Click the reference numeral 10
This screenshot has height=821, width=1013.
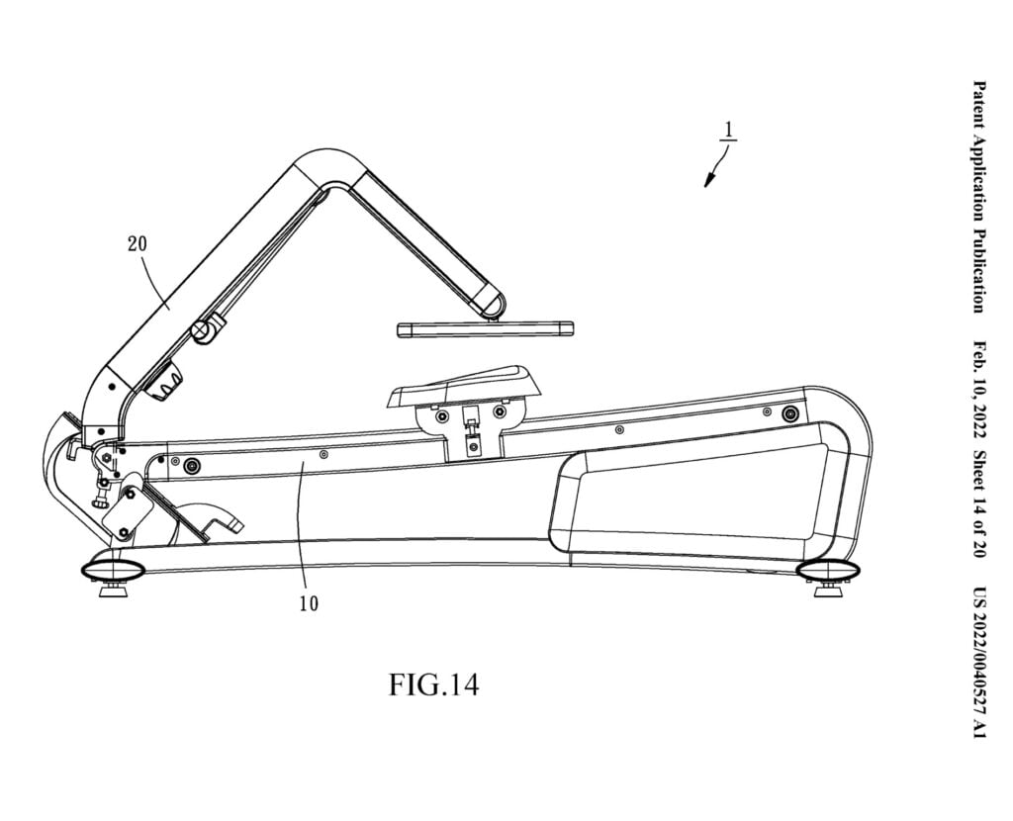[309, 602]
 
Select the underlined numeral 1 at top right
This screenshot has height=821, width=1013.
[726, 132]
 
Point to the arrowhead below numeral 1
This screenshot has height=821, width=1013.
[708, 180]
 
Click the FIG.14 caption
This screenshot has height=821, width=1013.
[433, 684]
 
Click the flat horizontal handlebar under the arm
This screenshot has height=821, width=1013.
[484, 328]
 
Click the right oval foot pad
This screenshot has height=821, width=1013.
[829, 570]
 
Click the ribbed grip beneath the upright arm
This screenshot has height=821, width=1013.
[165, 383]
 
